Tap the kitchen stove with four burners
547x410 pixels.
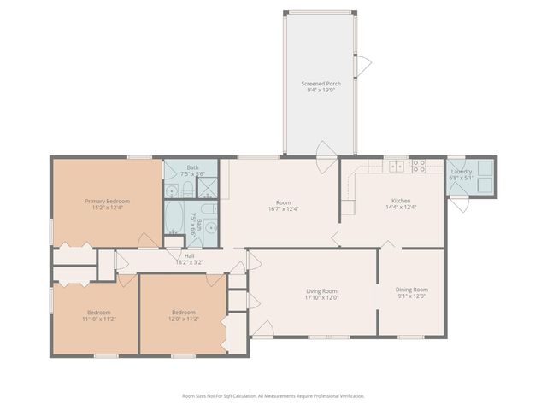pos(419,167)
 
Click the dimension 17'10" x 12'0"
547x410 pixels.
pos(322,298)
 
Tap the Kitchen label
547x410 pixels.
pos(401,202)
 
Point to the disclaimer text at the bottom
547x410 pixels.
pos(273,396)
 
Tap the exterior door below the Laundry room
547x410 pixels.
pos(461,205)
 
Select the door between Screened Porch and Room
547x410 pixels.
pos(326,152)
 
